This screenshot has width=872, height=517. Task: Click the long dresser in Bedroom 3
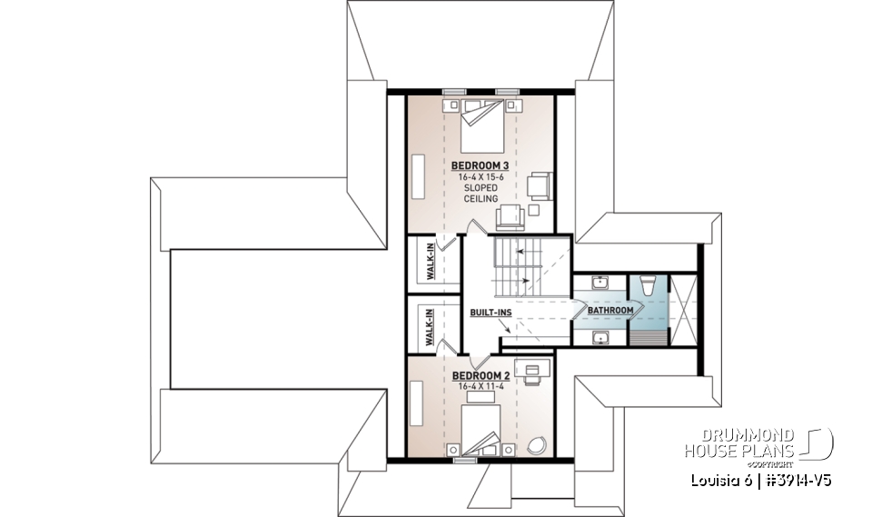pos(419,174)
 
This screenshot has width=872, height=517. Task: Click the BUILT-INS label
pos(490,313)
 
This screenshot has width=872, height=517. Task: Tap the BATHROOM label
pos(609,311)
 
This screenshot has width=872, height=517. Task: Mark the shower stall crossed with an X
pos(683,310)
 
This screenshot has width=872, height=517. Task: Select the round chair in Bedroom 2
pos(535,445)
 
